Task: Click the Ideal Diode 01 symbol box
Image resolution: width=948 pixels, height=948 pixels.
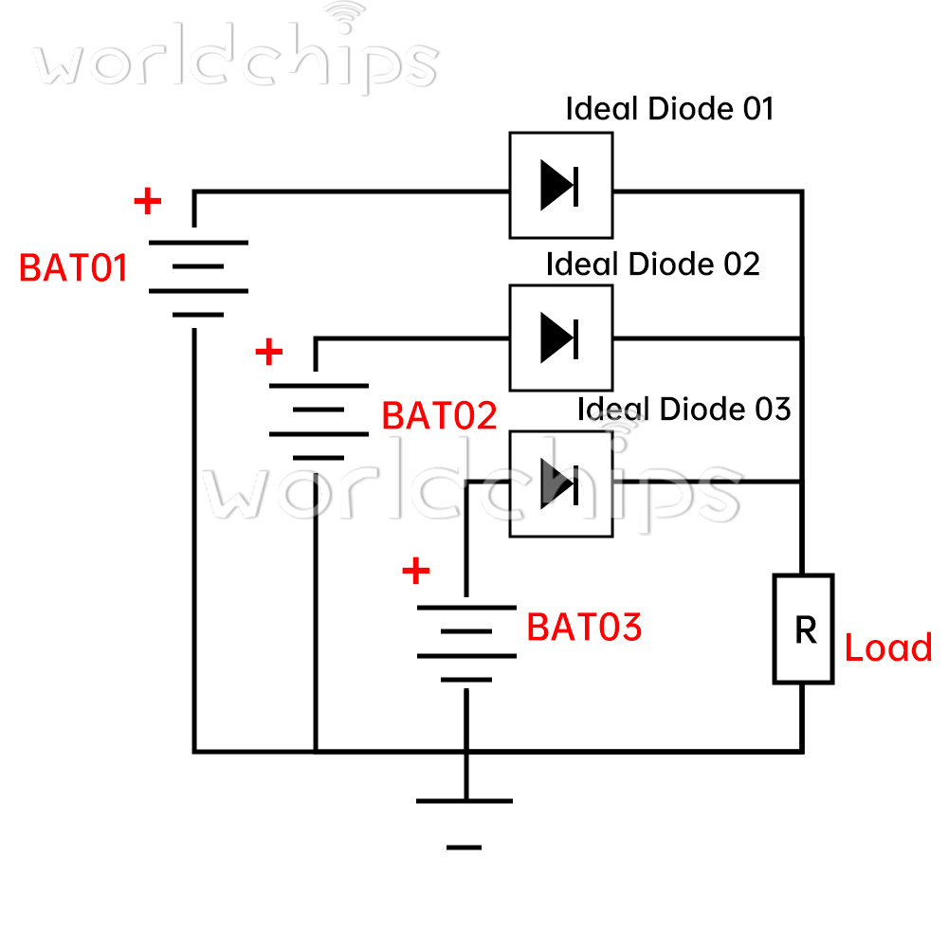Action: click(x=560, y=185)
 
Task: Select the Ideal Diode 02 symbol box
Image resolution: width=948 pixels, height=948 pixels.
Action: click(x=560, y=337)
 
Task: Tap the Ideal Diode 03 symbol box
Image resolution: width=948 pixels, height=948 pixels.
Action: click(x=560, y=483)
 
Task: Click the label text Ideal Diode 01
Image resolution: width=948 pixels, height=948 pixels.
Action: click(x=669, y=109)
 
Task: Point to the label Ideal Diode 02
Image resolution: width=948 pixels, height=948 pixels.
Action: click(x=652, y=264)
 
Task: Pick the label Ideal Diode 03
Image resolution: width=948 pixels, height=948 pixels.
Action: click(x=684, y=410)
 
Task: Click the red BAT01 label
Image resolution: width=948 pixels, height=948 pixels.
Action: click(x=73, y=268)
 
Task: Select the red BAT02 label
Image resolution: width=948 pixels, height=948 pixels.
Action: click(x=439, y=416)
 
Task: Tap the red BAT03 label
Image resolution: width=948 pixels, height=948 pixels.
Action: click(x=584, y=628)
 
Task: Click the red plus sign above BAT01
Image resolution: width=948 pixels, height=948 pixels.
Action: click(x=147, y=201)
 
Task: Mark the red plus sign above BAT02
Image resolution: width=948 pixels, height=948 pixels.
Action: click(x=269, y=353)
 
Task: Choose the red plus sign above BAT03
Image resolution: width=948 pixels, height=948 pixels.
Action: click(x=415, y=572)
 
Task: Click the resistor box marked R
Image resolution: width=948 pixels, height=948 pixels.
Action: click(x=804, y=629)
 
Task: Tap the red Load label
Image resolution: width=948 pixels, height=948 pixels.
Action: click(x=888, y=648)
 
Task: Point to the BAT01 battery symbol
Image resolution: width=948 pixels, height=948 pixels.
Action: click(x=198, y=279)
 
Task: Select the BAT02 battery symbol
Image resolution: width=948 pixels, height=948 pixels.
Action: click(x=319, y=421)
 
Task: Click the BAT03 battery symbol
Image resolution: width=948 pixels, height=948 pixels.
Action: click(x=465, y=642)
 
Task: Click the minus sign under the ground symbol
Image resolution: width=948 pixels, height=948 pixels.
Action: click(x=464, y=847)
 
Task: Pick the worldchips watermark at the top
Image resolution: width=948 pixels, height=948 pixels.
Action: click(x=237, y=59)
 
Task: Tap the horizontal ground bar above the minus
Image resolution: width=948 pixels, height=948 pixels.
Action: click(x=465, y=801)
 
